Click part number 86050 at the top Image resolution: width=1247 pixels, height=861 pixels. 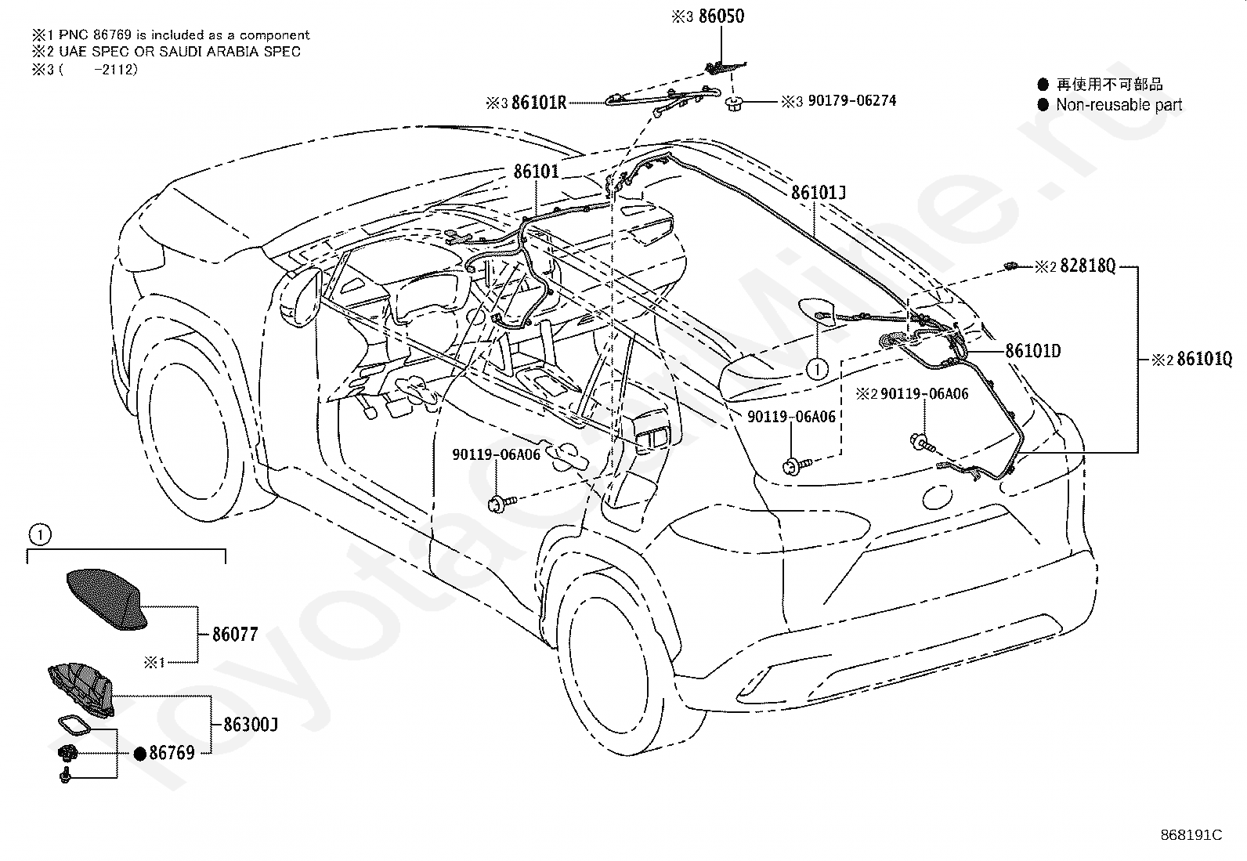tap(721, 16)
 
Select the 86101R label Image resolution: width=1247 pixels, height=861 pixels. tap(538, 103)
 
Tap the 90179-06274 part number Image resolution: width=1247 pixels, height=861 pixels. tap(851, 101)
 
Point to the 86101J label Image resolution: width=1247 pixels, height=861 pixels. tap(819, 193)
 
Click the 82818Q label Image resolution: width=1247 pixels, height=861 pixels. tap(1087, 266)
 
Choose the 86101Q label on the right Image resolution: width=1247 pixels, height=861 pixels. tap(1205, 360)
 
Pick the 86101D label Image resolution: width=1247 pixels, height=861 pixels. tap(1032, 351)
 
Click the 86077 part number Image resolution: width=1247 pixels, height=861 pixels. tap(235, 635)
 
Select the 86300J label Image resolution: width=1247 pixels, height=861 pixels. tap(250, 725)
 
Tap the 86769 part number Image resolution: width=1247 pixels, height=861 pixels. tap(172, 753)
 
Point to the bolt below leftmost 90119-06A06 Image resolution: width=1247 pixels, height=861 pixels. tap(501, 504)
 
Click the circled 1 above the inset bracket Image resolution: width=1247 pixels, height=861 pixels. tap(39, 535)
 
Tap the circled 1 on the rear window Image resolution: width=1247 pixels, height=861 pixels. tap(817, 369)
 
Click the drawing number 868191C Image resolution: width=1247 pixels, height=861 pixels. tap(1191, 835)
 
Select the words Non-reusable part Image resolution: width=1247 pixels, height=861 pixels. tap(1119, 105)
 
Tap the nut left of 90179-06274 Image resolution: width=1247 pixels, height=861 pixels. tap(734, 103)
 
